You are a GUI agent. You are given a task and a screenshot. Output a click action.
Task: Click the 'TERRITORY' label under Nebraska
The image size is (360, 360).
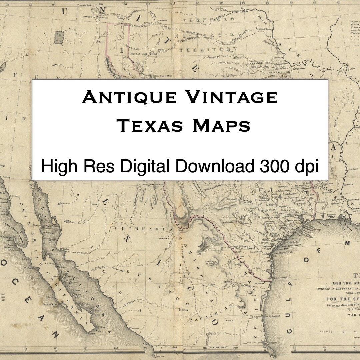pyautogui.click(x=209, y=49)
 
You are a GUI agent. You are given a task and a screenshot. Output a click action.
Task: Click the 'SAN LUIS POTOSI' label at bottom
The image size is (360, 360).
pyautogui.click(x=213, y=348)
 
